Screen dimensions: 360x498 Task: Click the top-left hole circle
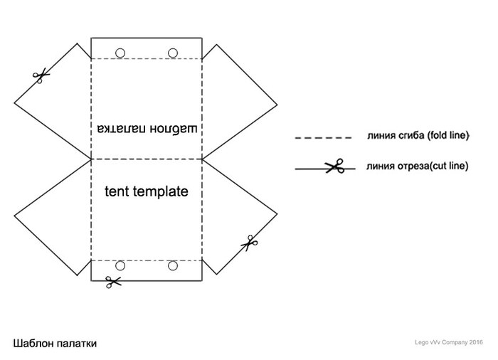point(120,52)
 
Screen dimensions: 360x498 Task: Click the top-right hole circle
point(173,52)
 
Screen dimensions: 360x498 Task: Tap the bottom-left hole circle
point(120,266)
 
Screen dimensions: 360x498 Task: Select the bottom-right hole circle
point(173,266)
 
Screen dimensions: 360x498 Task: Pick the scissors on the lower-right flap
point(249,243)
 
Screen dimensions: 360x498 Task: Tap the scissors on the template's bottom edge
point(112,282)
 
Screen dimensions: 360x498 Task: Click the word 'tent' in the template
point(117,191)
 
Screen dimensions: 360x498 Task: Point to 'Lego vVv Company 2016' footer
point(449,342)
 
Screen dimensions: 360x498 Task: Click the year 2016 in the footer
point(476,342)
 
